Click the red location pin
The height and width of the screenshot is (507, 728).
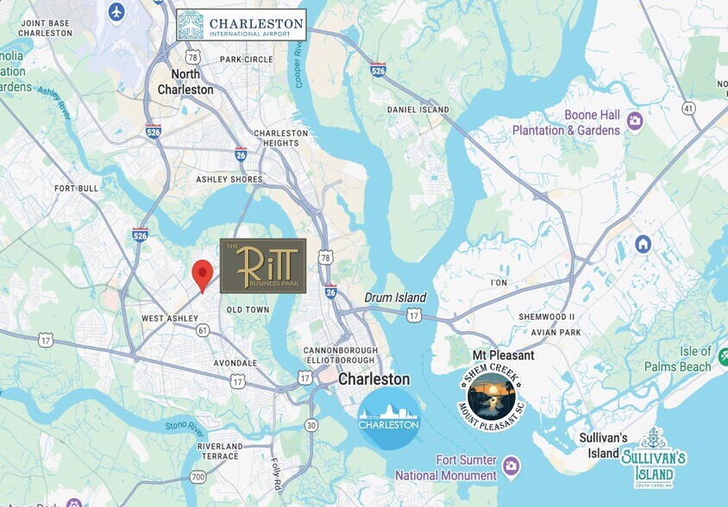[202, 274]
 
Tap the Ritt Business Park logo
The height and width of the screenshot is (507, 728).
[263, 266]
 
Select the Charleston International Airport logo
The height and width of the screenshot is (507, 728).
[241, 25]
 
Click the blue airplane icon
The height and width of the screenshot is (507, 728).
[116, 12]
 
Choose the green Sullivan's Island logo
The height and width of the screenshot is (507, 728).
[653, 457]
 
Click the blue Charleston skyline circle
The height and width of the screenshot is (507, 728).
[389, 418]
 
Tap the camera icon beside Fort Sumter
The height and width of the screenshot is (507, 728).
[511, 466]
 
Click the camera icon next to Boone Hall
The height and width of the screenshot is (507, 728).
[635, 121]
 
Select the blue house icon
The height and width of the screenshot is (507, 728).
[643, 244]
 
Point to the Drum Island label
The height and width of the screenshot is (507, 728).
[395, 297]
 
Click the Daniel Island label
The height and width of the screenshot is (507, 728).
[418, 110]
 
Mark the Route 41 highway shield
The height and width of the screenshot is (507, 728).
[688, 108]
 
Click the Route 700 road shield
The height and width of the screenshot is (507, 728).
[198, 476]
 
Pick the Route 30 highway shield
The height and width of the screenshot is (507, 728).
[311, 425]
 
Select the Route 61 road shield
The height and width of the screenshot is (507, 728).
[203, 330]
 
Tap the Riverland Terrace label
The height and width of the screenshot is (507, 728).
[220, 451]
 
